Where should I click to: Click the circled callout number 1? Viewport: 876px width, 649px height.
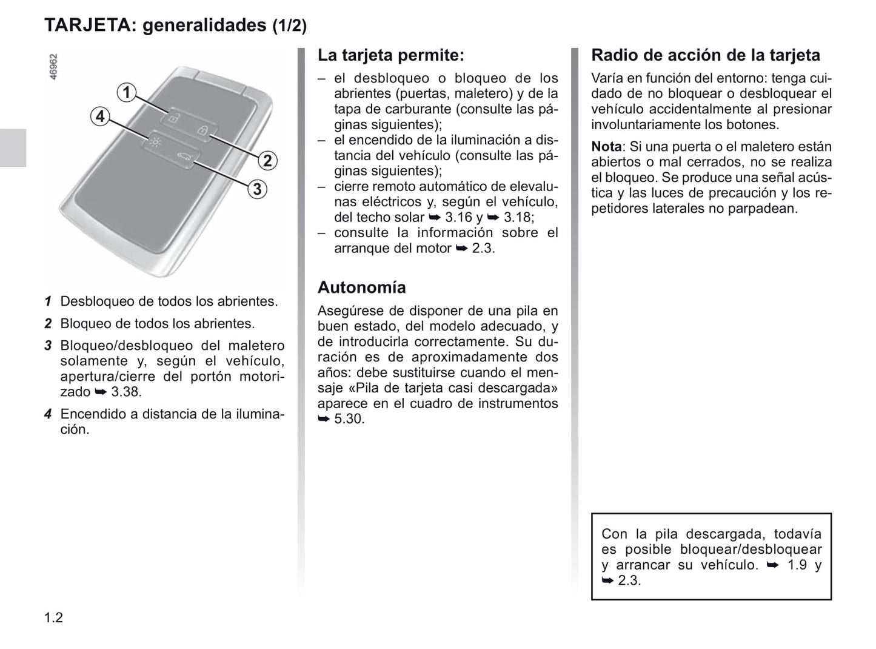click(x=126, y=92)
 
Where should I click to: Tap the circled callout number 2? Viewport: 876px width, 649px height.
click(x=267, y=161)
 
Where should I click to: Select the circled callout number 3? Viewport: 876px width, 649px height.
click(x=257, y=189)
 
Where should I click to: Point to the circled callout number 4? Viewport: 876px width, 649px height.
click(x=100, y=116)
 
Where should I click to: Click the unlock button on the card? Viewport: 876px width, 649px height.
click(x=173, y=118)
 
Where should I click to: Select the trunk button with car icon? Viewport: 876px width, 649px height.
click(x=183, y=159)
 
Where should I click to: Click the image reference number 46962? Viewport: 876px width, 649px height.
click(x=53, y=67)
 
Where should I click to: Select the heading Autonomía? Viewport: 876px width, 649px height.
click(x=361, y=287)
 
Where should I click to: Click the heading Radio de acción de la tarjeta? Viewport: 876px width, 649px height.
click(x=705, y=55)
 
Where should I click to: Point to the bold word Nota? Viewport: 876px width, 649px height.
click(x=606, y=147)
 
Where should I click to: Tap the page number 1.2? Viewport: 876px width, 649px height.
click(x=53, y=618)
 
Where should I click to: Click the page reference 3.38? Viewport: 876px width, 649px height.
click(x=125, y=392)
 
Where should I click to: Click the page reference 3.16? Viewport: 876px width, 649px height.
click(x=459, y=217)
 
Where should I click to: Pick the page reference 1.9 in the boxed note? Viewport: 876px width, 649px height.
click(x=797, y=565)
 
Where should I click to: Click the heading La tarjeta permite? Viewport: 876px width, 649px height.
click(x=390, y=55)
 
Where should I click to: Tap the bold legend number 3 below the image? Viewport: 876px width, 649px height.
click(x=48, y=346)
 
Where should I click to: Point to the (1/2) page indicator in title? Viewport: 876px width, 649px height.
click(x=289, y=25)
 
